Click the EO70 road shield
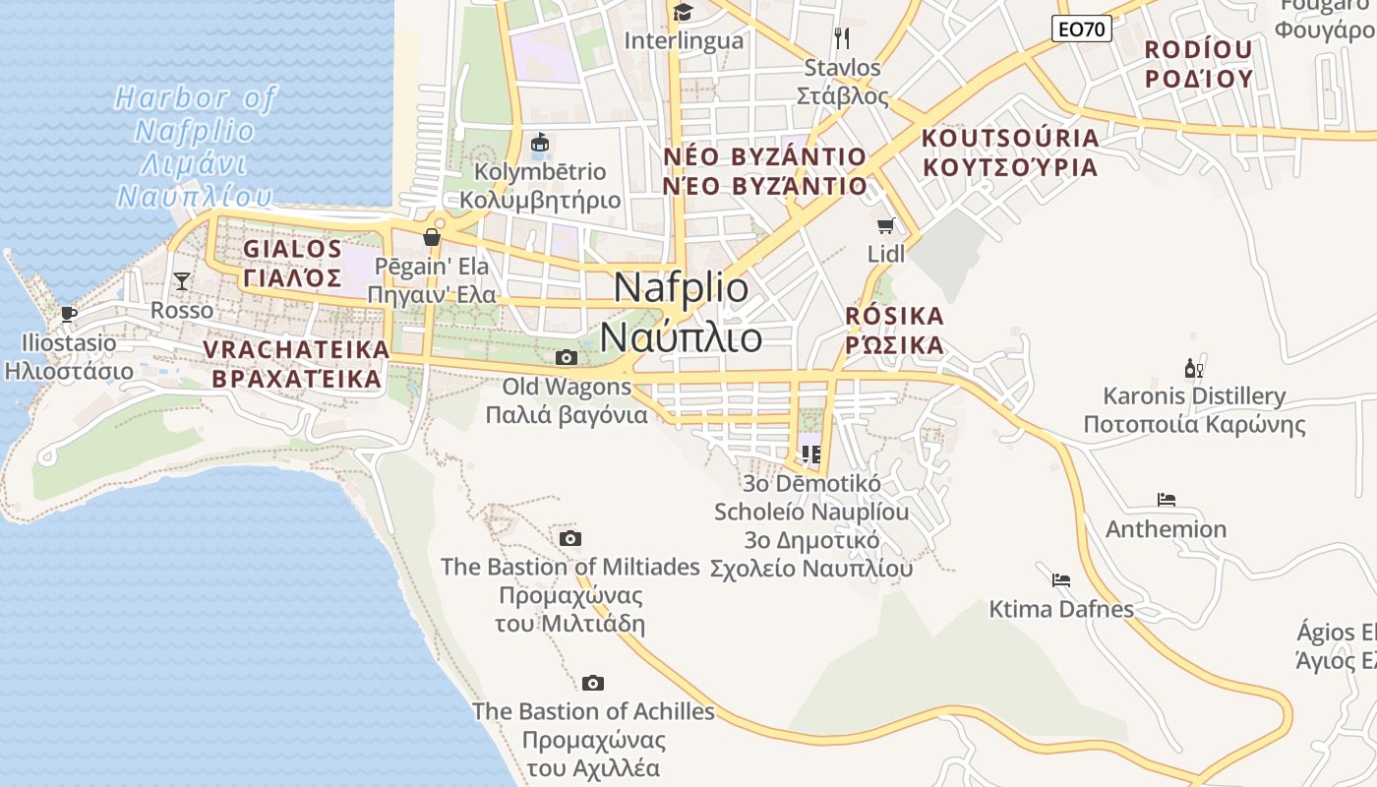1082,30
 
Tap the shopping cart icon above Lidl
885,225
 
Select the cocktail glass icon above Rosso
182,281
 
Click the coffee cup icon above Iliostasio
68,314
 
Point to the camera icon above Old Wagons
567,357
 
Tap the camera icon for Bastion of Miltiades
569,538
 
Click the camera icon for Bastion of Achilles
592,683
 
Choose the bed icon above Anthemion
1167,500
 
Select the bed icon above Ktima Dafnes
1060,579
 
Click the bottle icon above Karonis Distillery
1194,369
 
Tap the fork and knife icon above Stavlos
841,38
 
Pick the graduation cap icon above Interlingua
683,12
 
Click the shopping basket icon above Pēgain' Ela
431,237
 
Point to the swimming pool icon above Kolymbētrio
540,144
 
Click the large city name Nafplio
681,287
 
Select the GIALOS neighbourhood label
292,249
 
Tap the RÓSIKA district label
894,317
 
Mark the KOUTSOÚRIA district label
1009,138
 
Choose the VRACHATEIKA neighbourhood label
296,350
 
